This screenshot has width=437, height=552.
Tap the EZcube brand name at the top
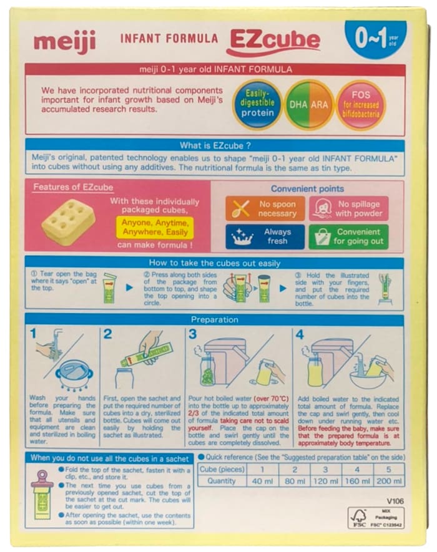click(x=273, y=41)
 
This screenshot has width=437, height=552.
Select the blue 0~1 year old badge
click(x=375, y=39)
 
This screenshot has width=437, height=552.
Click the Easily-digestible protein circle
click(x=257, y=105)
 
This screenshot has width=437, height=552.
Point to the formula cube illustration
click(x=68, y=221)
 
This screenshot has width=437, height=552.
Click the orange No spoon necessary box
click(x=265, y=209)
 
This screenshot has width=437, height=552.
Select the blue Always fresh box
click(x=265, y=236)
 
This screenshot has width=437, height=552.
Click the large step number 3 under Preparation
click(x=192, y=334)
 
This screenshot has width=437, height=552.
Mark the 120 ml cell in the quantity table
click(x=325, y=481)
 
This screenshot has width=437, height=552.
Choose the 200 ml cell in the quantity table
click(x=390, y=481)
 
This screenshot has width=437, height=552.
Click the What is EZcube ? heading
click(x=214, y=145)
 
